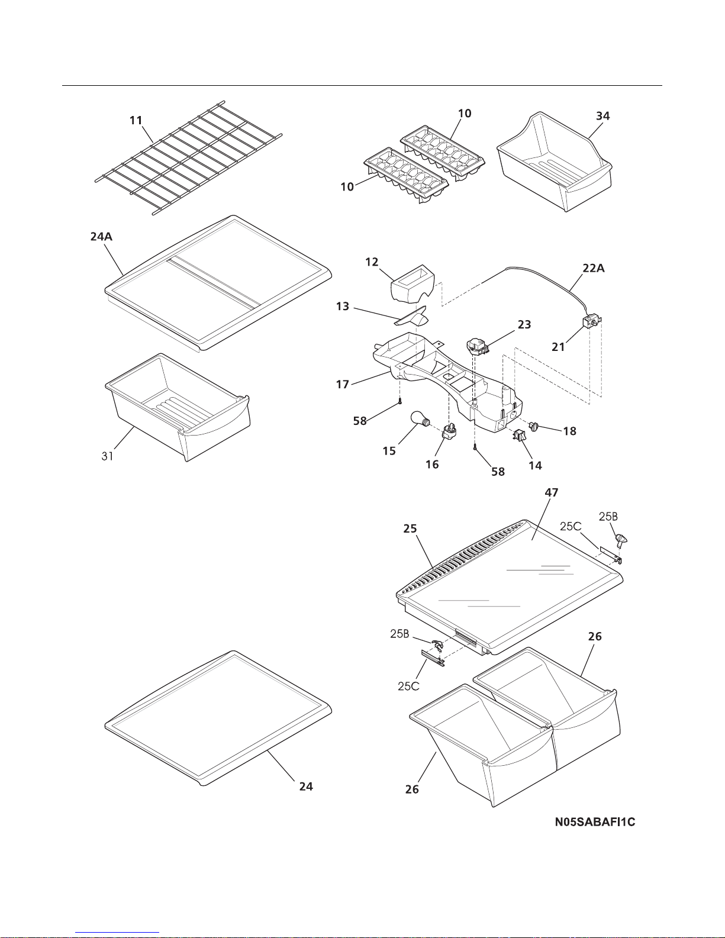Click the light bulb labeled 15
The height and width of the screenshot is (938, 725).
421,424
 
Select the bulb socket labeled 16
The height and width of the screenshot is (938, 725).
451,438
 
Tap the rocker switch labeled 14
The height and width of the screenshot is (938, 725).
520,437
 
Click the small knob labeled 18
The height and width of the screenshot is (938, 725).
535,426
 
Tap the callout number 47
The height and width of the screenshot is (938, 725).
552,492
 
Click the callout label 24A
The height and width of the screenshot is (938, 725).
101,237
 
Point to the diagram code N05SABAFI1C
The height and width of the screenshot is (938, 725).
595,822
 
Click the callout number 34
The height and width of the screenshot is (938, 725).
602,116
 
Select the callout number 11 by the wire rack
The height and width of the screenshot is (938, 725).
136,120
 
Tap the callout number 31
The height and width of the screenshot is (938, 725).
107,456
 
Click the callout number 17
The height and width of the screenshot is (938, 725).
342,385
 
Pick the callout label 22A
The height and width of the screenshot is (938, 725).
592,268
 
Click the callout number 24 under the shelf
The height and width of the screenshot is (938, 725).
306,786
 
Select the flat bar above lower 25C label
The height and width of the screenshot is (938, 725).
432,657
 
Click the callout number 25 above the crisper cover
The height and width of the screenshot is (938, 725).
410,528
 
